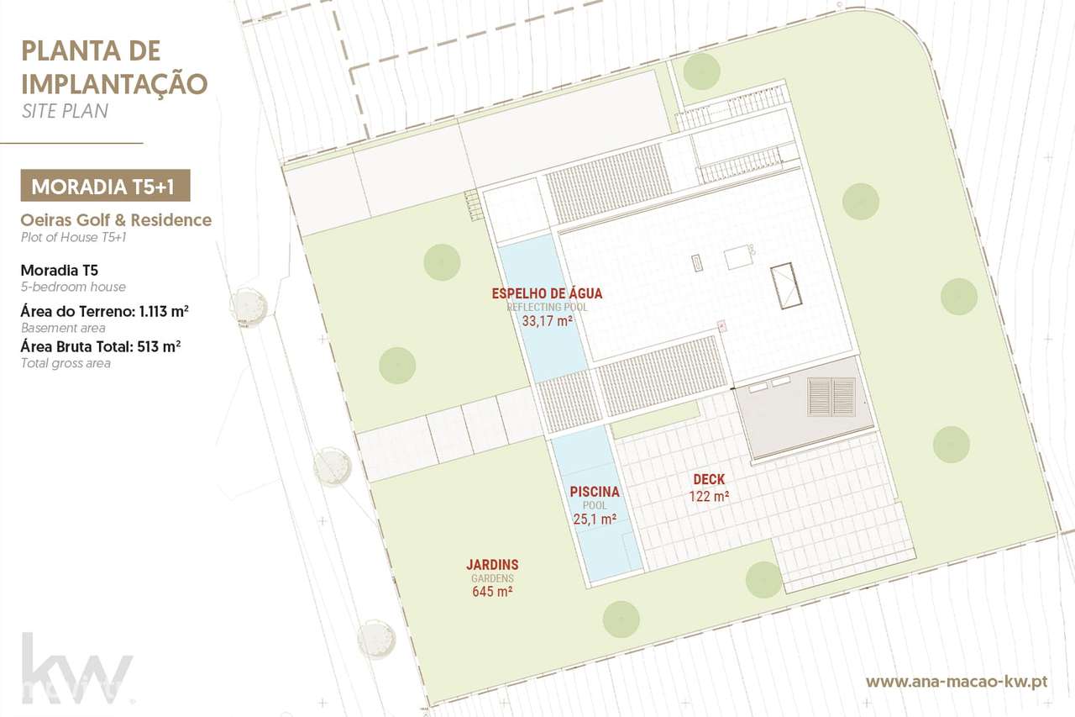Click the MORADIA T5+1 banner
click(x=105, y=186)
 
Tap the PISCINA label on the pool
click(x=595, y=492)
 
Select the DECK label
click(x=709, y=480)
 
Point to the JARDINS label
click(x=492, y=565)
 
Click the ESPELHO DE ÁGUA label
click(x=547, y=293)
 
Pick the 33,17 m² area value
click(x=547, y=320)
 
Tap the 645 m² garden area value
click(x=492, y=592)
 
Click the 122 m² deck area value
click(x=709, y=497)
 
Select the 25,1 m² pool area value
click(x=595, y=519)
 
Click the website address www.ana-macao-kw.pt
click(x=956, y=681)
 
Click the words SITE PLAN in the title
click(x=65, y=110)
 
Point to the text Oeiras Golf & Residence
click(x=116, y=220)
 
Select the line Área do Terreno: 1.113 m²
click(x=104, y=312)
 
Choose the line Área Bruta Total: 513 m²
click(x=101, y=346)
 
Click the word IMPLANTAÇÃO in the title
click(x=113, y=83)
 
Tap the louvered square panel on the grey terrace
click(x=831, y=397)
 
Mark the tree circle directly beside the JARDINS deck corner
click(x=763, y=578)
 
